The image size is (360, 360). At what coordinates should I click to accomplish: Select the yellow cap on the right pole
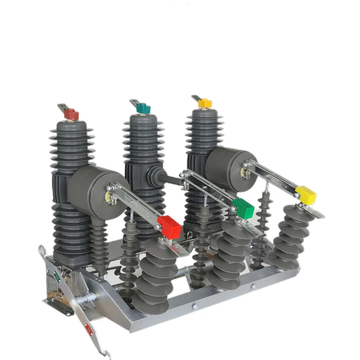(x=205, y=103)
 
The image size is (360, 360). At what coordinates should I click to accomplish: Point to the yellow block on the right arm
(x=306, y=194)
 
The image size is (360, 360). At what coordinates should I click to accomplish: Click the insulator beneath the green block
(x=229, y=256)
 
